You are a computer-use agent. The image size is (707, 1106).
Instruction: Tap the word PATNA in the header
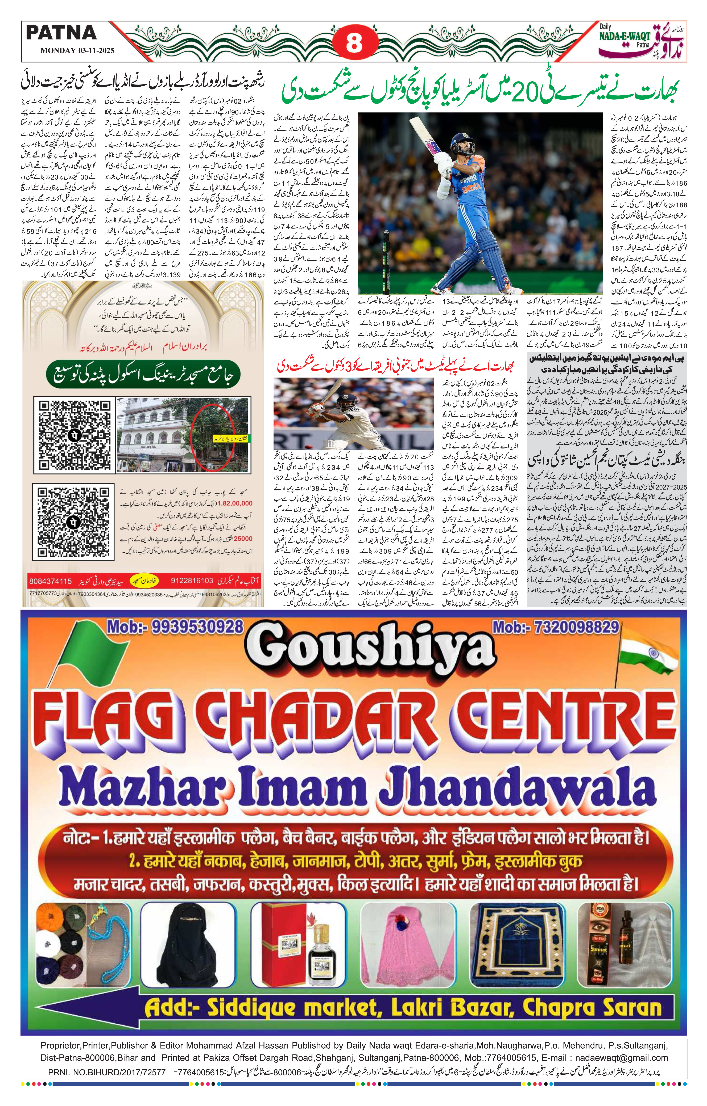[61, 32]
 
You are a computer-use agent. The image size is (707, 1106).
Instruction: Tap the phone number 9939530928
[175, 626]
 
